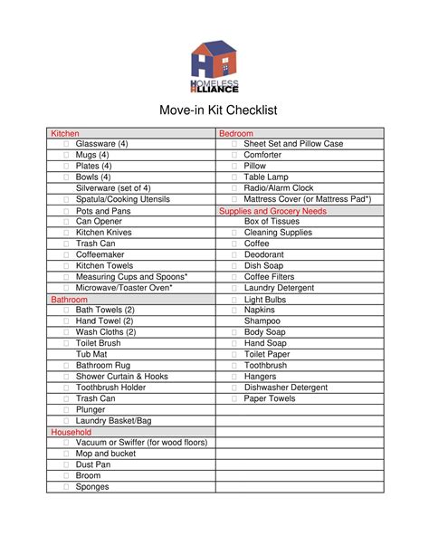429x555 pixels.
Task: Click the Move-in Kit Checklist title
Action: coord(214,110)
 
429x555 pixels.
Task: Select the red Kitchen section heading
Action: coord(65,133)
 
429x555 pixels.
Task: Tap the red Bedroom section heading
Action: coord(236,133)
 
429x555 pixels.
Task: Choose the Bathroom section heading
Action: coord(69,299)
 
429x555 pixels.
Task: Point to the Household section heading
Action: coord(71,432)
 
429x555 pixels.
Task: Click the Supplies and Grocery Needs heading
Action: coord(272,210)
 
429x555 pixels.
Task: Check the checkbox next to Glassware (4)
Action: coord(66,144)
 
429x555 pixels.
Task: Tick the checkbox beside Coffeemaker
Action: coord(66,254)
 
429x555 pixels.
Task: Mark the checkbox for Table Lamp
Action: coord(234,177)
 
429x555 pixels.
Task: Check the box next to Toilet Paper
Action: coord(234,354)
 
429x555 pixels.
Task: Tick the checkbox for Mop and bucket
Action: coord(66,454)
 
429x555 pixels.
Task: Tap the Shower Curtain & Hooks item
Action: coord(122,376)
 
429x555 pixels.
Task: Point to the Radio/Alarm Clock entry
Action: coord(279,188)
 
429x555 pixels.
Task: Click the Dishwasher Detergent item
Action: coord(286,388)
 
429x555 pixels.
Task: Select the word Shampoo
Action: coord(262,321)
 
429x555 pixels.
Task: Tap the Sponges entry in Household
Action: coord(92,486)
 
